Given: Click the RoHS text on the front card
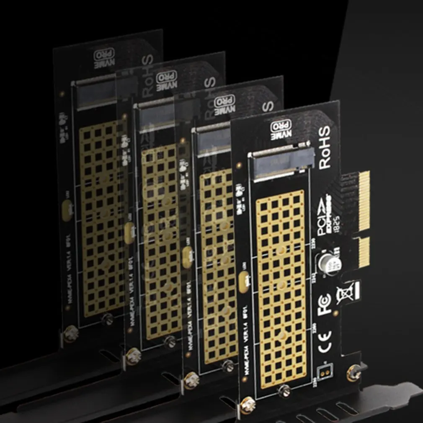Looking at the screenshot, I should (x=325, y=147).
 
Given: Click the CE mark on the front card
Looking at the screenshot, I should (x=325, y=337).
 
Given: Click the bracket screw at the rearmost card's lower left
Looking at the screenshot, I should (x=71, y=334).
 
